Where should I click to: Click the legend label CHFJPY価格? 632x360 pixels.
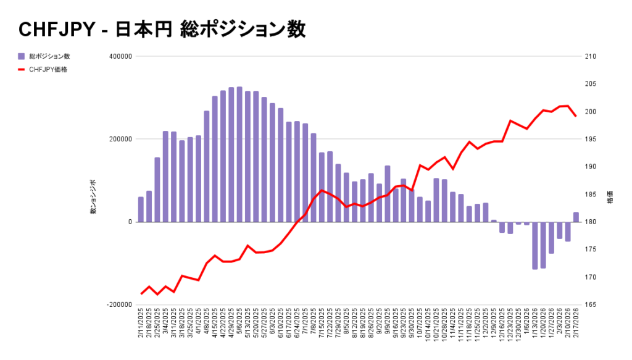pyautogui.click(x=48, y=70)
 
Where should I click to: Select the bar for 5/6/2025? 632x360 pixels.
pyautogui.click(x=239, y=154)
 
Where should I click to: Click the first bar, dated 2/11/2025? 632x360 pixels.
pyautogui.click(x=141, y=209)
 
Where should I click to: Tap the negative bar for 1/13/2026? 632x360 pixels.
pyautogui.click(x=535, y=245)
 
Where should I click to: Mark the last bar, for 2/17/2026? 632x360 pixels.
pyautogui.click(x=576, y=217)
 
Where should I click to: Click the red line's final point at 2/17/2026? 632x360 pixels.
pyautogui.click(x=576, y=116)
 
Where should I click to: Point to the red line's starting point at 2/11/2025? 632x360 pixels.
pyautogui.click(x=141, y=294)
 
